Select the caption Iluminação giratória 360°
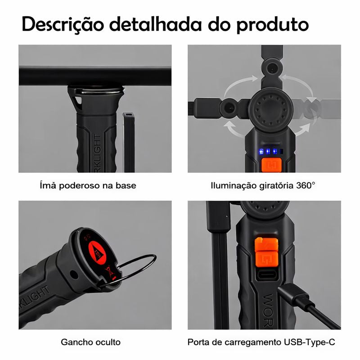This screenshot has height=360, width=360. (x=263, y=185)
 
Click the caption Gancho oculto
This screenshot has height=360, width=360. (x=90, y=342)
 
